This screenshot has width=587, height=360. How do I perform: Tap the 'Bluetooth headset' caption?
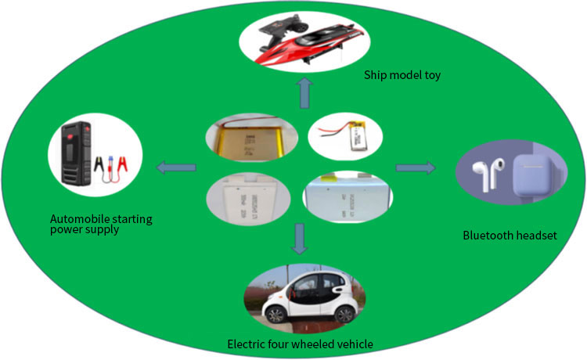(x=510, y=235)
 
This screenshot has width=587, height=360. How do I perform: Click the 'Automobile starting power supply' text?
(x=101, y=225)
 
